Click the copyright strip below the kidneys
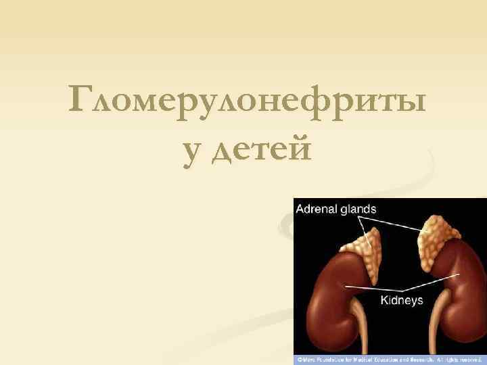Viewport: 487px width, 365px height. [x=390, y=360]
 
